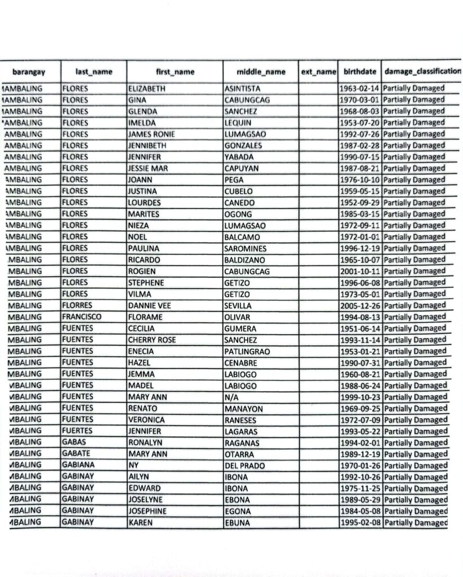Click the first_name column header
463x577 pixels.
(175, 72)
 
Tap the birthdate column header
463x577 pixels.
(360, 72)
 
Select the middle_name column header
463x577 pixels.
(261, 72)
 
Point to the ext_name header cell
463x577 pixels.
(318, 72)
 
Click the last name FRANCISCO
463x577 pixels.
(82, 317)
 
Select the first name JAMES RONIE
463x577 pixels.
(152, 134)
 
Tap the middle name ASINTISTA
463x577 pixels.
(242, 88)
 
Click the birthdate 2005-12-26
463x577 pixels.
(360, 306)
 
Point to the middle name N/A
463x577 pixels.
(231, 397)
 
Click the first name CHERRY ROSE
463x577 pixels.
(152, 340)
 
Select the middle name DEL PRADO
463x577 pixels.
(244, 466)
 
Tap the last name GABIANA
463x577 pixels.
(78, 465)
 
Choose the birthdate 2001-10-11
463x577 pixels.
(360, 272)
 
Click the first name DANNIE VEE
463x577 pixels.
(150, 306)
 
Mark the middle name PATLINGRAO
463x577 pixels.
(247, 352)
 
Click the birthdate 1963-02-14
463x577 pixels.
(360, 88)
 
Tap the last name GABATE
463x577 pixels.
(77, 454)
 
